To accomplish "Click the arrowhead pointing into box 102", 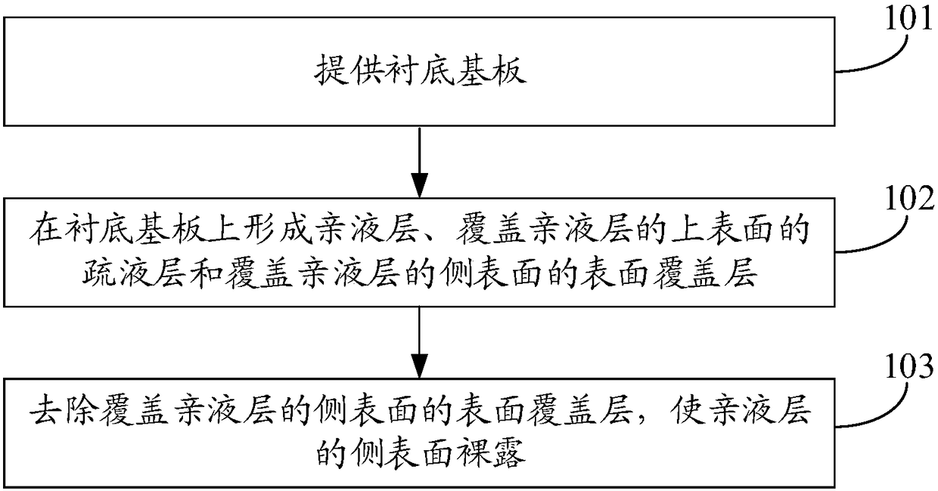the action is click(419, 185).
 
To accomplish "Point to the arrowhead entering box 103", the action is click(419, 366).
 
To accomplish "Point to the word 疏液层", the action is click(134, 274).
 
